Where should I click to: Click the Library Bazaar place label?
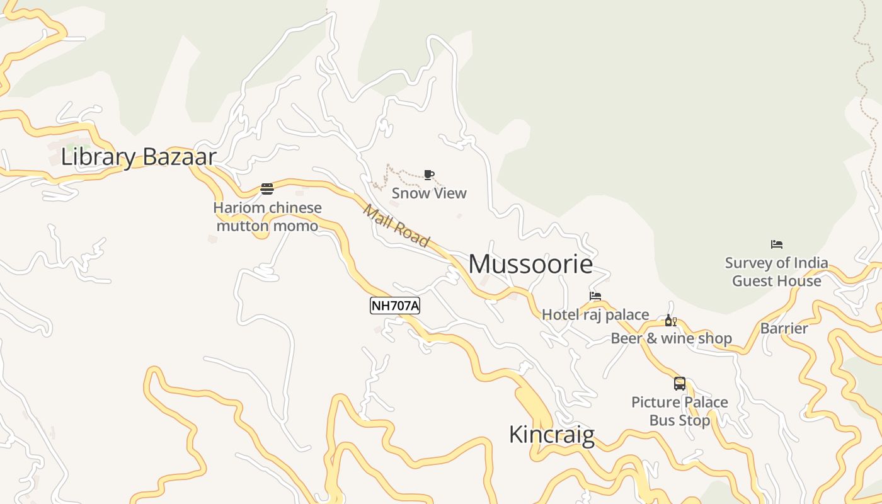[139, 157]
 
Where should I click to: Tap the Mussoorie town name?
[530, 264]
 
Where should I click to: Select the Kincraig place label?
[551, 435]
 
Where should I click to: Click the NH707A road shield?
[395, 306]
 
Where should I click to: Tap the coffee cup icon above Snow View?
[429, 175]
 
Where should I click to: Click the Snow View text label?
[429, 193]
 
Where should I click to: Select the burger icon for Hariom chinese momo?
[267, 189]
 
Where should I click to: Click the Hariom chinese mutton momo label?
[268, 216]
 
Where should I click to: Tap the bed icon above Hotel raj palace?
[595, 296]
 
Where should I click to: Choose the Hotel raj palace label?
[595, 314]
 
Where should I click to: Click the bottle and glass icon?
[671, 321]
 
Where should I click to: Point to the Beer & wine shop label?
[671, 339]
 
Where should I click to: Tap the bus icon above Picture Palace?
[680, 383]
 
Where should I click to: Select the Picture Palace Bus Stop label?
[680, 411]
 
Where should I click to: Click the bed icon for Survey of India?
[777, 244]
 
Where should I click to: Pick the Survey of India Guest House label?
[777, 272]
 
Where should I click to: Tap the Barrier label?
[784, 328]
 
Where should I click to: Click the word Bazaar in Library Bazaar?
[180, 157]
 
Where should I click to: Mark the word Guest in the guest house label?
[753, 281]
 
